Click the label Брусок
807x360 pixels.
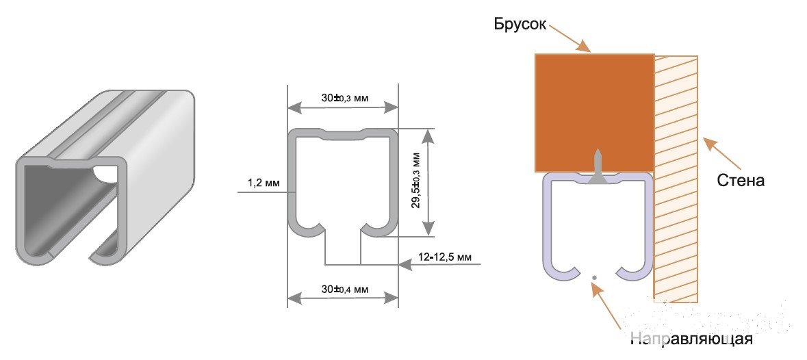click(520, 24)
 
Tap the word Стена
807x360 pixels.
click(741, 181)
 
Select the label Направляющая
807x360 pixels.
click(692, 339)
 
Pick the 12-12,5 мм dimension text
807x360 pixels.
click(445, 256)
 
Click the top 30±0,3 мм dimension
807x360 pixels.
click(345, 98)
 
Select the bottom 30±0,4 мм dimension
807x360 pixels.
click(345, 290)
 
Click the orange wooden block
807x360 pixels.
click(594, 112)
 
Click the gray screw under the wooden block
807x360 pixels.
click(597, 167)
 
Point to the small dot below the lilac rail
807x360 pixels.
click(594, 278)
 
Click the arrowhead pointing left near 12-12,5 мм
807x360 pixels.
click(405, 264)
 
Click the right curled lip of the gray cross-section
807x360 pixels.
click(380, 228)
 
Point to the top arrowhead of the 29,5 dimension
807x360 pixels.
click(428, 136)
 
